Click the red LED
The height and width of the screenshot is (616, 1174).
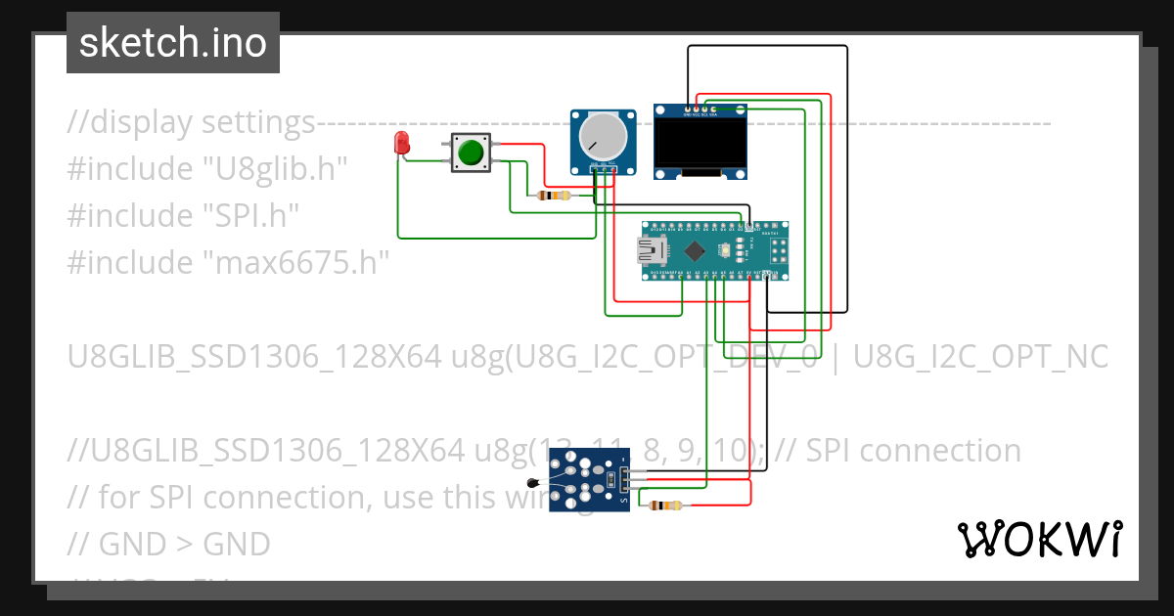pyautogui.click(x=401, y=144)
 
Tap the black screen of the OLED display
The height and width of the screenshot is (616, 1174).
pyautogui.click(x=701, y=142)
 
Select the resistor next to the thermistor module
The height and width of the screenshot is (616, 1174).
pyautogui.click(x=666, y=506)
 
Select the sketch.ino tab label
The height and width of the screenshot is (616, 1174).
pyautogui.click(x=173, y=43)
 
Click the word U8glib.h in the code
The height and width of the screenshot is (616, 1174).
pyautogui.click(x=275, y=169)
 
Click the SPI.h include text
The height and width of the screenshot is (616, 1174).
pyautogui.click(x=250, y=216)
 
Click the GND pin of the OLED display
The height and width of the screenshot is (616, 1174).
pyautogui.click(x=688, y=109)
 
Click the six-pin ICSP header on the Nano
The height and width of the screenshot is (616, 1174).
pyautogui.click(x=773, y=251)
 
